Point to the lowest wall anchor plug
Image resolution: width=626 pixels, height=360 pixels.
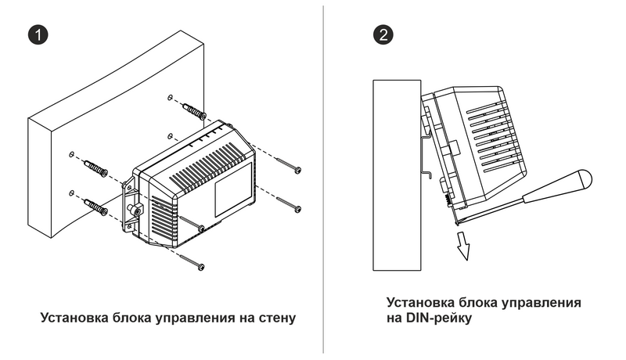click(95, 207)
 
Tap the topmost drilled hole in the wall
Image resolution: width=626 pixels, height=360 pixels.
click(170, 98)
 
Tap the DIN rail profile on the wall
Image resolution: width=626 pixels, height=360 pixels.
click(426, 149)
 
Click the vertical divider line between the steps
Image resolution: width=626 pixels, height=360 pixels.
click(323, 180)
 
